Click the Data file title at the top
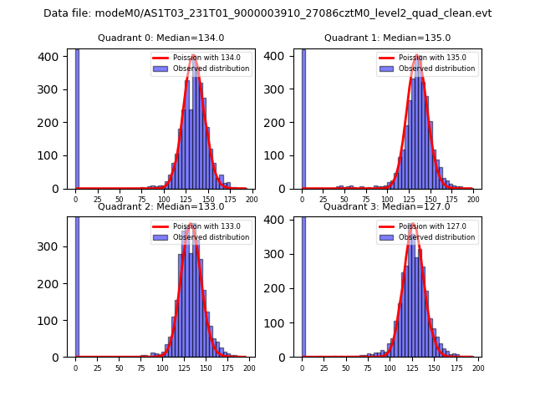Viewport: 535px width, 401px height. tap(267, 13)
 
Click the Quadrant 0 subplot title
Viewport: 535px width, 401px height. tap(160, 38)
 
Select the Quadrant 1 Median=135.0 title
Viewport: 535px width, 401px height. tap(387, 38)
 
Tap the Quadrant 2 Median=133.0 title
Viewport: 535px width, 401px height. tap(160, 206)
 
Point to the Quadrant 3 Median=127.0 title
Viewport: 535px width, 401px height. tap(387, 206)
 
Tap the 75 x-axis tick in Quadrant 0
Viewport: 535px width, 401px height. tap(141, 200)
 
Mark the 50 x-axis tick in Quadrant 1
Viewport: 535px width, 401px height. tap(345, 200)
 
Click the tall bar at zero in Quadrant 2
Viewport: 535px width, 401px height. tap(77, 284)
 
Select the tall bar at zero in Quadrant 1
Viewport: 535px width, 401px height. tap(303, 117)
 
